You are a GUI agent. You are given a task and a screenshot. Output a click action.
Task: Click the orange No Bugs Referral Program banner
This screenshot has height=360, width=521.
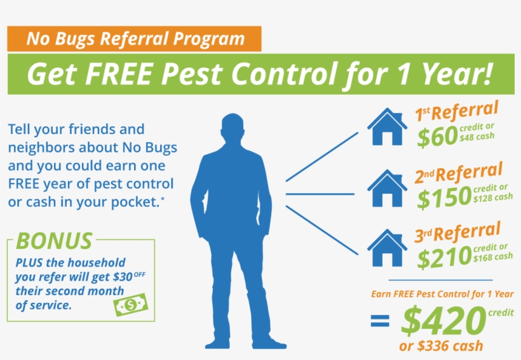135,39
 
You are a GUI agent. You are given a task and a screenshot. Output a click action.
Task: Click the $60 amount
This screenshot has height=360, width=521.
436,137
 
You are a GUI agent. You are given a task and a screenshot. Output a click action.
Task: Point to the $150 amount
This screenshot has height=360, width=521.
443,198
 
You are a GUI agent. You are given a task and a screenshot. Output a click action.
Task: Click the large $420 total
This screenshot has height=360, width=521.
442,322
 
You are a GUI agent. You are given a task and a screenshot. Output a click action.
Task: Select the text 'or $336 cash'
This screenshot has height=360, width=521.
440,346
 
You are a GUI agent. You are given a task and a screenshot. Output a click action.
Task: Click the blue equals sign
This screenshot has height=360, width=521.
380,322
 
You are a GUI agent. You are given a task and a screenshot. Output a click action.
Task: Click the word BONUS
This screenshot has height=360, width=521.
54,241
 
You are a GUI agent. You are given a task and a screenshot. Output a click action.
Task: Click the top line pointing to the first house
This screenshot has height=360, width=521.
321,156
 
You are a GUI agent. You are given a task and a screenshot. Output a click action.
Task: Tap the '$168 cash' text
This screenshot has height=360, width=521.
493,257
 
